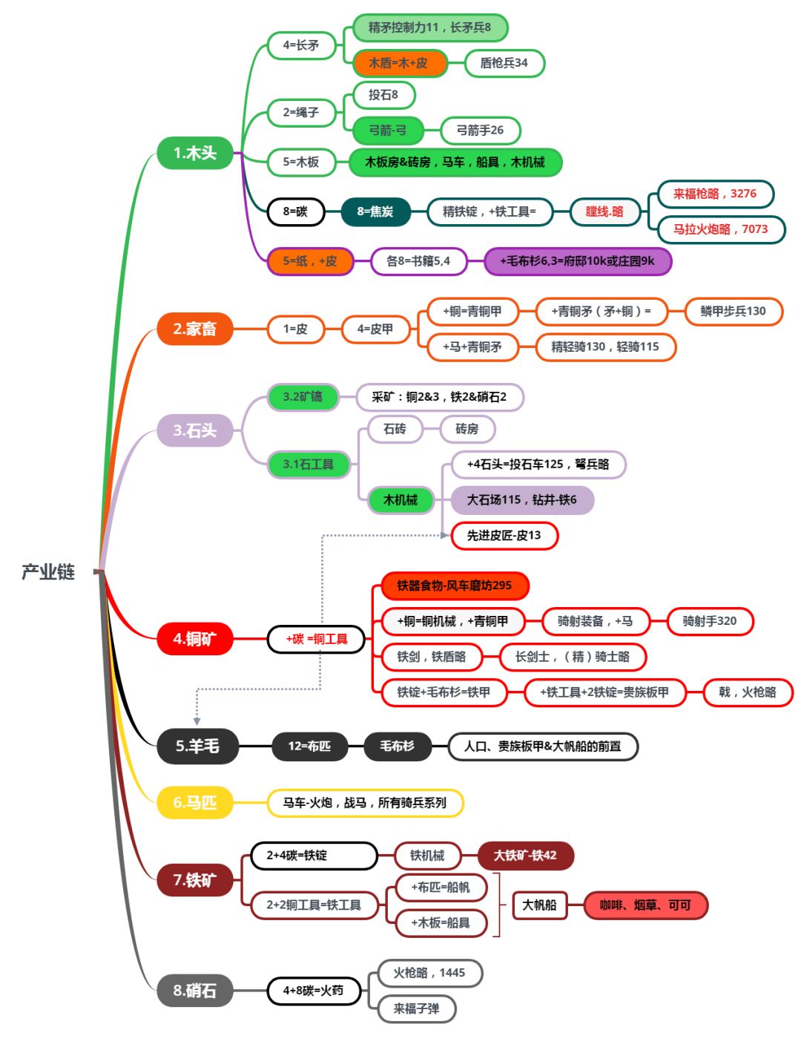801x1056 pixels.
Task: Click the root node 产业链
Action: pos(48,571)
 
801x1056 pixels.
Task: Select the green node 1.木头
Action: pos(195,153)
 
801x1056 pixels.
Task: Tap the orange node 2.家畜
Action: pos(195,329)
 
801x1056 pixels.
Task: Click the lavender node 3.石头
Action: pos(195,430)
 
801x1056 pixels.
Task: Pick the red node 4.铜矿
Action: pos(195,639)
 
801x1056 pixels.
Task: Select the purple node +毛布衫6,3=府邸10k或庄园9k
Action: pos(577,261)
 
